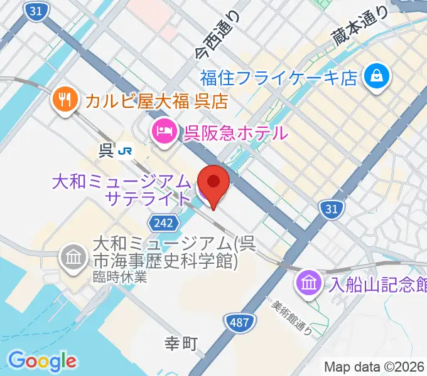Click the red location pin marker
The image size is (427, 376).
tap(214, 182)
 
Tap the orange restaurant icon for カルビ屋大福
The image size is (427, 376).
tap(64, 99)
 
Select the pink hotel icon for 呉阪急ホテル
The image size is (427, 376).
tap(163, 132)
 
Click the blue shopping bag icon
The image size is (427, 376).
tap(379, 78)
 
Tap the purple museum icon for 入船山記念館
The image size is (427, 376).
tap(309, 281)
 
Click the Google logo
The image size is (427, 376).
tap(42, 361)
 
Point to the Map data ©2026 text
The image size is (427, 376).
tap(374, 367)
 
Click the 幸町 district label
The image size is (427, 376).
tap(181, 343)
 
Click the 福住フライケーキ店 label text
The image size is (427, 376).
tap(279, 78)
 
